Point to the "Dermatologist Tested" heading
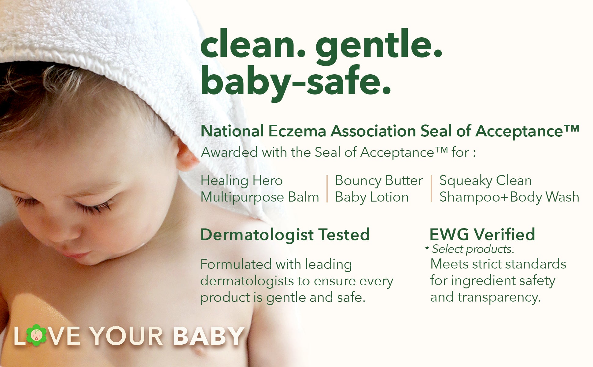coord(285,235)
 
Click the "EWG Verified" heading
coord(482,235)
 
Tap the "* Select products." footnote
coord(470,249)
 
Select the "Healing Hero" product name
coord(241,180)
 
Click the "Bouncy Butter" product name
coord(379,180)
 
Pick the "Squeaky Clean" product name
coord(485,181)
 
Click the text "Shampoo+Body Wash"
coord(509,197)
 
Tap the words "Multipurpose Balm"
coord(260,197)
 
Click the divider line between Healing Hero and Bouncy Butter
coord(327,189)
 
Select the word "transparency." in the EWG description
coord(499,298)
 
